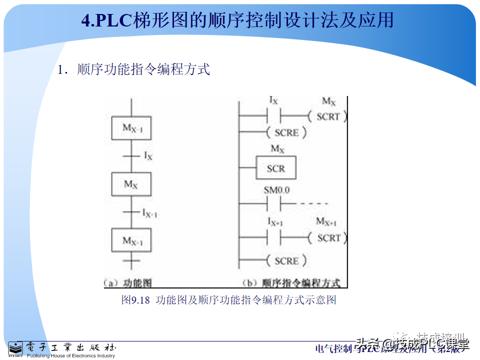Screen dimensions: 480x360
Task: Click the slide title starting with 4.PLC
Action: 237,20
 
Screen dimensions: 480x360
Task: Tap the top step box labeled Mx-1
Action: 131,127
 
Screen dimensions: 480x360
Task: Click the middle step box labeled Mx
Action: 131,184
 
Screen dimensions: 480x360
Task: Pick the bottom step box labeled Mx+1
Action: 131,241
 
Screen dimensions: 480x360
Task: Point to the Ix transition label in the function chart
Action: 148,156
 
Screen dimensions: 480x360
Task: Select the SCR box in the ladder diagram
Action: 275,168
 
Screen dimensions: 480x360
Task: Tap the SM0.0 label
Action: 276,191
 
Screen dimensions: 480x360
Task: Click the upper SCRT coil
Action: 328,116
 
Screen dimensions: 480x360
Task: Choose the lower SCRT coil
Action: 328,238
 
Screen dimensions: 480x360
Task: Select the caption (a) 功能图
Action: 128,283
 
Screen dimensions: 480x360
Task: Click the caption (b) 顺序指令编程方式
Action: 290,283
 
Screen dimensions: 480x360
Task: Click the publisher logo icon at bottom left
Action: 15,348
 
